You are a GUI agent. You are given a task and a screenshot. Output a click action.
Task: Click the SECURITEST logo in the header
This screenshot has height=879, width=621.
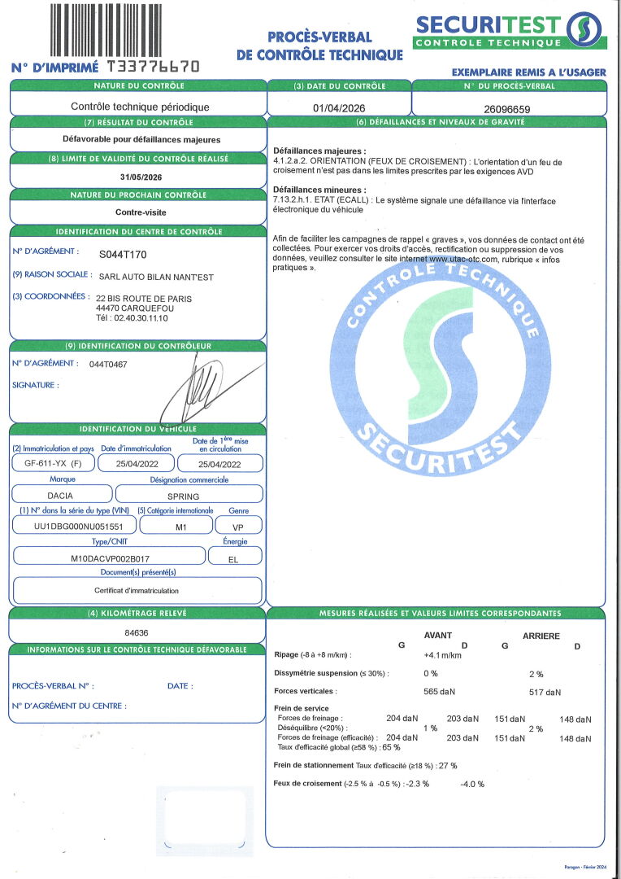pyautogui.click(x=509, y=30)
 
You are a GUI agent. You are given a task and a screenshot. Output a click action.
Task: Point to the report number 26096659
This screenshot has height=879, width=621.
pyautogui.click(x=506, y=108)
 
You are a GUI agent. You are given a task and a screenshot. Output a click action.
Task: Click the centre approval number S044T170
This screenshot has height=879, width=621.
pyautogui.click(x=123, y=255)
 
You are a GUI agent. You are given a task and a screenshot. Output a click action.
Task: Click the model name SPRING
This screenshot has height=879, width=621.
pyautogui.click(x=189, y=495)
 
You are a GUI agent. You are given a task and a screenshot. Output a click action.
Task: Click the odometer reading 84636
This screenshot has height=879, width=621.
pyautogui.click(x=137, y=632)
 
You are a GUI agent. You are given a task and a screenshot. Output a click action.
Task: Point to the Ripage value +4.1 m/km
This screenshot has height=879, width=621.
pyautogui.click(x=442, y=655)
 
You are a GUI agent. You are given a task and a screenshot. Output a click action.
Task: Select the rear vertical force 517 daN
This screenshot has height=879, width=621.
pyautogui.click(x=545, y=693)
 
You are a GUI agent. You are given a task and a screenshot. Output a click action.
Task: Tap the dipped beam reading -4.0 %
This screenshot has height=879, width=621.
pyautogui.click(x=471, y=784)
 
